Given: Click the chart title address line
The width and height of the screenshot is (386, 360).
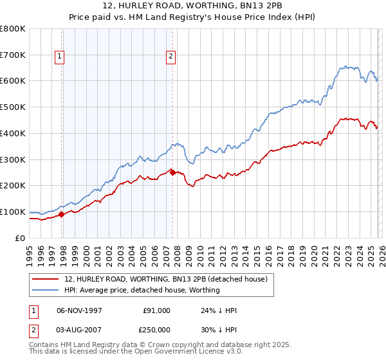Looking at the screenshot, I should click(192, 6).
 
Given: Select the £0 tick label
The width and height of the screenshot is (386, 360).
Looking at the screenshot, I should click(21, 238).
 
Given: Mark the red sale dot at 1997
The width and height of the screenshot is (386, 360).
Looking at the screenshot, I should click(62, 215).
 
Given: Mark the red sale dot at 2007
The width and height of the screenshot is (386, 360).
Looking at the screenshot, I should click(172, 172).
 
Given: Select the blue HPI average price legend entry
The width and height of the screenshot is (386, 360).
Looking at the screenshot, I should click(142, 290).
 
